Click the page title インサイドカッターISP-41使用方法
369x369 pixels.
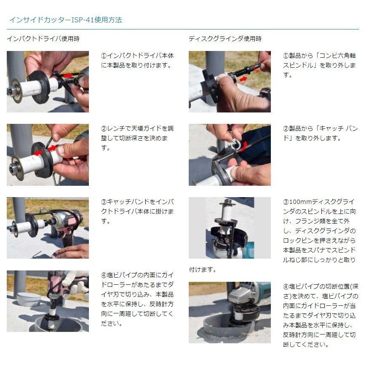65,20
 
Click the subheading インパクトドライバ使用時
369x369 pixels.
43,39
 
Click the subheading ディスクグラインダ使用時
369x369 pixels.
225,39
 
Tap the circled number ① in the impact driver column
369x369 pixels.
104,56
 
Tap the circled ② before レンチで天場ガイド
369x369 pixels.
104,128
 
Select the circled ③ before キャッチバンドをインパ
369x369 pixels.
104,201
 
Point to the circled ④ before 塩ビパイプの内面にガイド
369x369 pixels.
104,275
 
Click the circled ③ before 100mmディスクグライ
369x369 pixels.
286,201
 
